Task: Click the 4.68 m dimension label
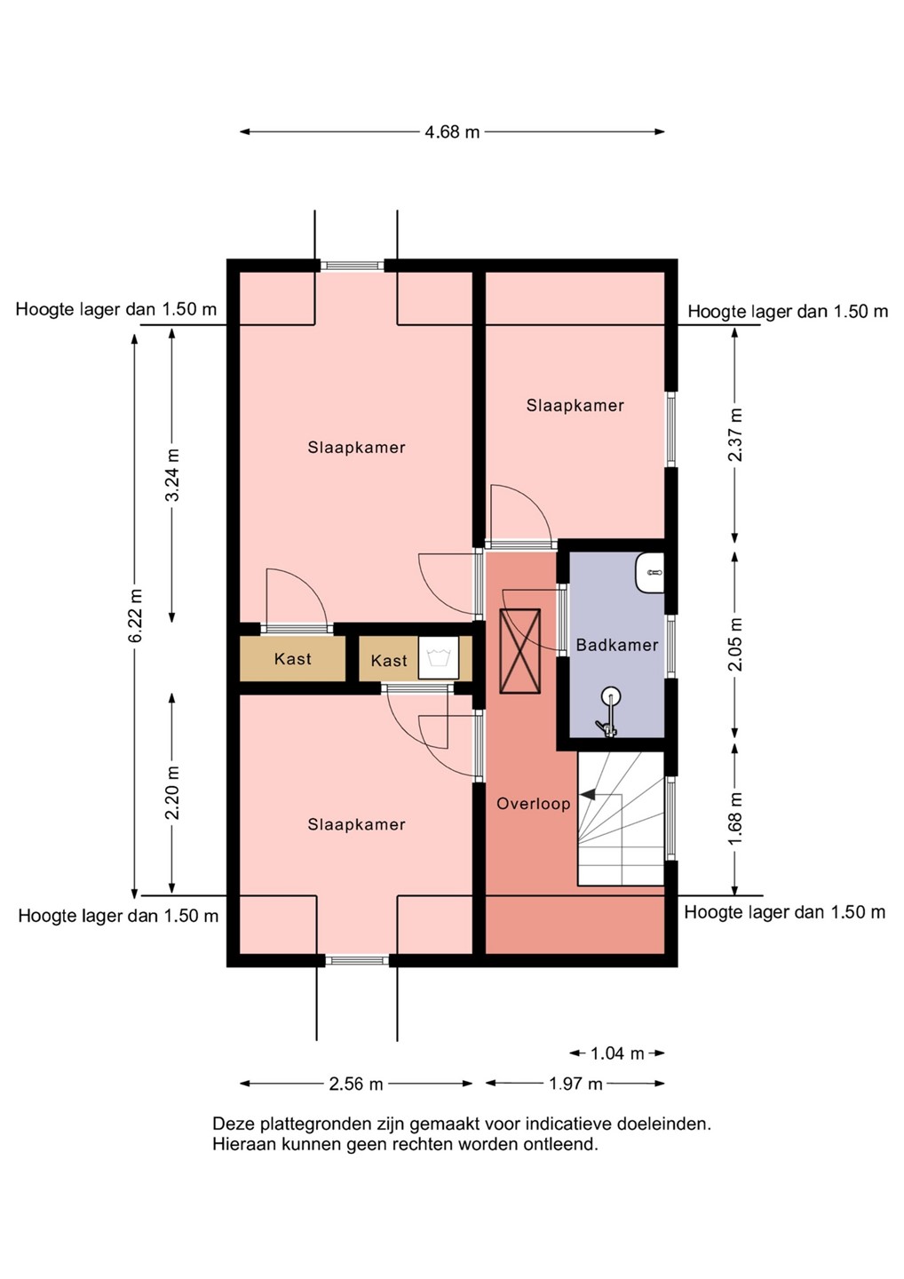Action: [452, 131]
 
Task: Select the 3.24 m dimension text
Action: [172, 474]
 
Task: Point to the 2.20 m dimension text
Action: [172, 792]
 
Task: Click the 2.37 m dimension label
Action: [735, 434]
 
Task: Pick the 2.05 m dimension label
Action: [735, 645]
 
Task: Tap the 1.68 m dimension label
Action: [735, 819]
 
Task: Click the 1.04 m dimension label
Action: [617, 1053]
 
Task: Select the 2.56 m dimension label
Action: [356, 1084]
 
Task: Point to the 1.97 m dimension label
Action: [575, 1084]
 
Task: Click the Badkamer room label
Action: [617, 645]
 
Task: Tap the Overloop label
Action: [534, 805]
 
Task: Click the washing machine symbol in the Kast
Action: [439, 657]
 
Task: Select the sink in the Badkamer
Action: [649, 572]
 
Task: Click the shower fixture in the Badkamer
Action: [609, 712]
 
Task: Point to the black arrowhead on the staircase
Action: [586, 794]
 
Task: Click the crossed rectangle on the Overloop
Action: [519, 652]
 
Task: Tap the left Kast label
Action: [293, 659]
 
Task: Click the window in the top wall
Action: [353, 266]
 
